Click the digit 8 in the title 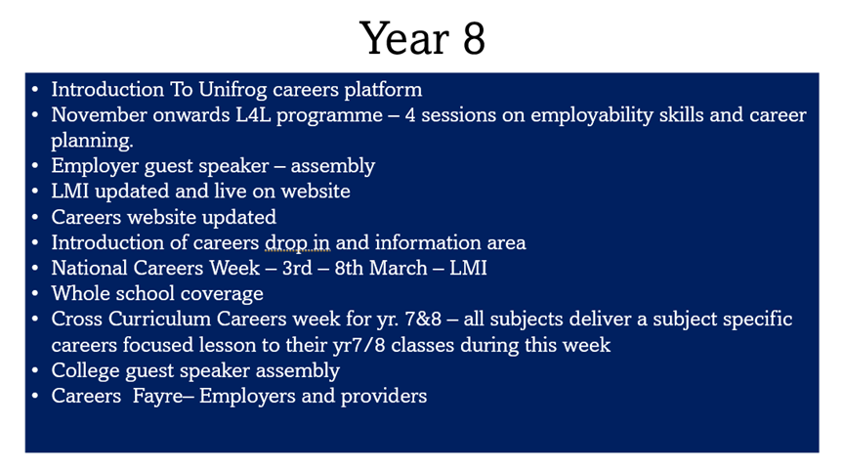coord(474,39)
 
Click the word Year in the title coord(404,39)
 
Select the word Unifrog coord(232,90)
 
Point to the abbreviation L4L coord(253,115)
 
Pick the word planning coord(92,142)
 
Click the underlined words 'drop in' coord(297,243)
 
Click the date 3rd coord(297,269)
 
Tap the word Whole coord(79,293)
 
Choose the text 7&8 coord(423,320)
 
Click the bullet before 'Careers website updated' coord(35,217)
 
